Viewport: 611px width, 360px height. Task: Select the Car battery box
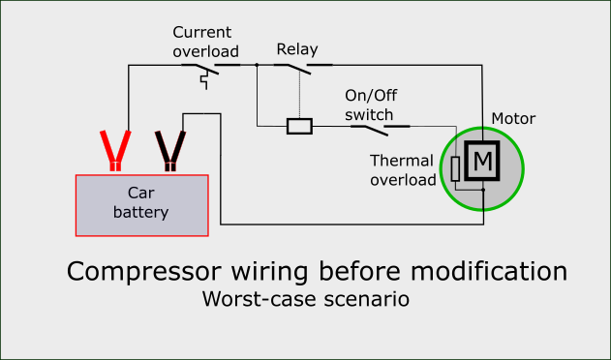click(142, 204)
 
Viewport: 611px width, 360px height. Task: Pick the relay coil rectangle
click(299, 126)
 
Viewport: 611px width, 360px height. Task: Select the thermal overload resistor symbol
click(456, 169)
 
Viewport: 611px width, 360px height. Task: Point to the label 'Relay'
click(296, 48)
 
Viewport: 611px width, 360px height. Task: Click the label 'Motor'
click(513, 119)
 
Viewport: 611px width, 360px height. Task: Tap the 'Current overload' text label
click(205, 42)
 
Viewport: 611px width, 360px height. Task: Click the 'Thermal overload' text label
click(404, 169)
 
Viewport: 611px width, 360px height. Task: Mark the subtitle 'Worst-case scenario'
click(305, 299)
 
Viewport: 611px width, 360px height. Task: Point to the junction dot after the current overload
click(257, 66)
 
